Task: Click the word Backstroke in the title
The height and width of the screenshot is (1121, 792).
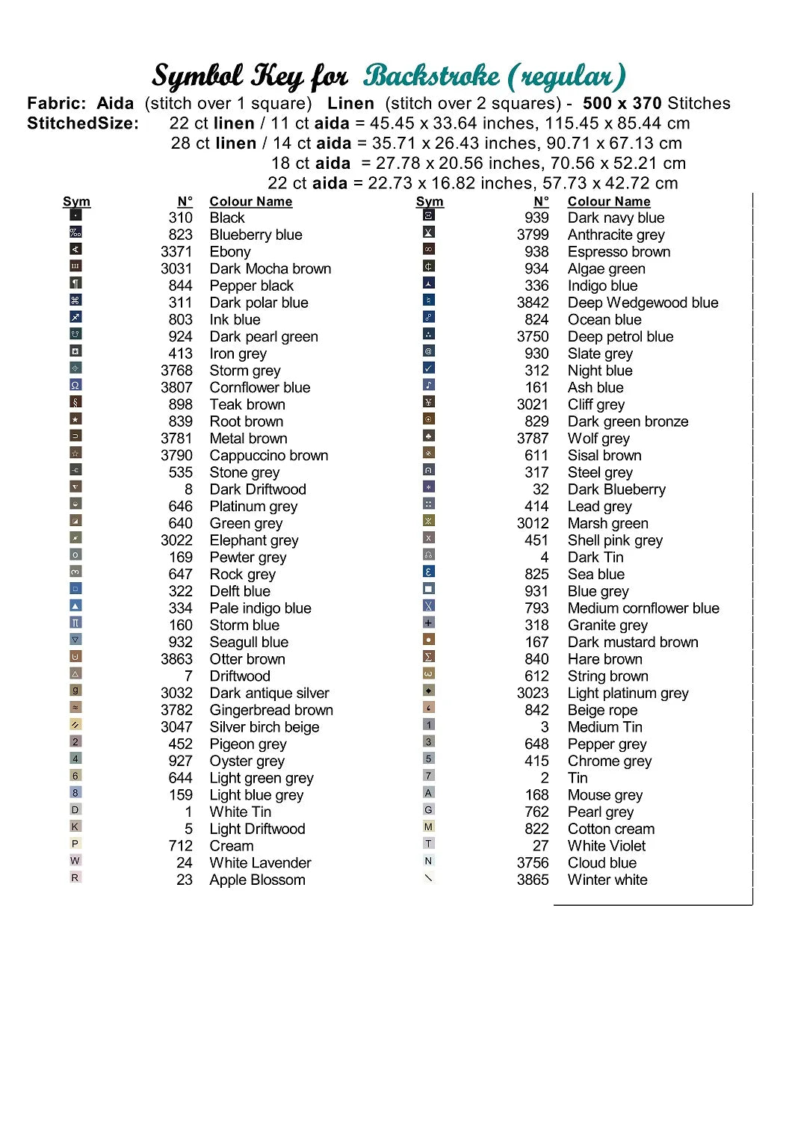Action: pos(432,76)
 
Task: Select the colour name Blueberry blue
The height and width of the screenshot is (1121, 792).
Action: pos(256,235)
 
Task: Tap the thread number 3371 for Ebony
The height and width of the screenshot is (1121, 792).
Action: pos(176,252)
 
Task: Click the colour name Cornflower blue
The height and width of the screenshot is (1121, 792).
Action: pos(259,387)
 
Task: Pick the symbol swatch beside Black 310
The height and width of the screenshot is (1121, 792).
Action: pos(75,216)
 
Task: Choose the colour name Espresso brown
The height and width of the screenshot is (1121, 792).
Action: pos(619,252)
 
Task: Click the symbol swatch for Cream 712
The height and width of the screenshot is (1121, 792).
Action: pos(75,844)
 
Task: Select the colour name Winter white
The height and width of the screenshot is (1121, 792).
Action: pos(607,880)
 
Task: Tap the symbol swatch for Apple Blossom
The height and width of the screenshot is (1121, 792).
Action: pos(75,877)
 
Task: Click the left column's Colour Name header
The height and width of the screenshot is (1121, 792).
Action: pos(250,202)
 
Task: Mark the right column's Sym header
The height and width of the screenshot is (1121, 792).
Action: pos(430,202)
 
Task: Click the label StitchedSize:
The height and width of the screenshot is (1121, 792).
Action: pos(83,123)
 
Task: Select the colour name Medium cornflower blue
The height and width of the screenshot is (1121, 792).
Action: pos(643,608)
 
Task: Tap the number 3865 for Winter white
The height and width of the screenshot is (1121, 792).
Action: pos(532,880)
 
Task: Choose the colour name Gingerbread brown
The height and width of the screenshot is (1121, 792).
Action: pos(271,710)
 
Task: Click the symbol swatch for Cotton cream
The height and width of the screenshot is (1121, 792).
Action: pos(428,827)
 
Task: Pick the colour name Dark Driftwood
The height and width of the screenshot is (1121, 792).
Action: pos(258,490)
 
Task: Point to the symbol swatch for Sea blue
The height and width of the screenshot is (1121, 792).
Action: pos(428,572)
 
